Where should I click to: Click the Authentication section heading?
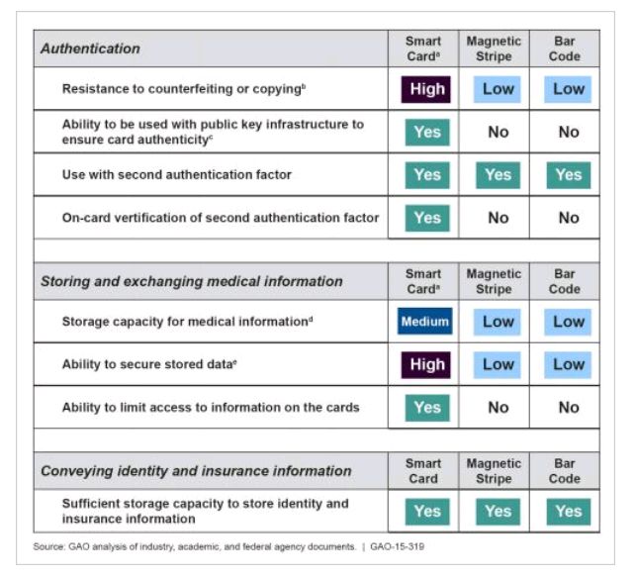[90, 48]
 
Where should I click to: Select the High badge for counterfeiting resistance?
[426, 89]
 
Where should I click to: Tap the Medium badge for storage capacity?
[426, 322]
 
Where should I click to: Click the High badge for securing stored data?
[426, 364]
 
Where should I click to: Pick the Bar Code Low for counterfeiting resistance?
[568, 89]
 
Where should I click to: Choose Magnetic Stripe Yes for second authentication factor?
[498, 175]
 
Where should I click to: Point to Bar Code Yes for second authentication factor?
[568, 175]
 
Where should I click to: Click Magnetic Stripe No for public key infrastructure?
[498, 132]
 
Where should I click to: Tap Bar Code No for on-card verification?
[568, 218]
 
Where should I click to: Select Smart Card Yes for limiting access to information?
[426, 407]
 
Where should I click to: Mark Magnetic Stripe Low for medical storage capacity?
[498, 322]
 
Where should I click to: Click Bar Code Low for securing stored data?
[568, 364]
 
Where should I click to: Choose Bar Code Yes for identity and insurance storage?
[568, 512]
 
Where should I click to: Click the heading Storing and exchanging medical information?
[192, 281]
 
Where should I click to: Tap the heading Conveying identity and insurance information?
[196, 471]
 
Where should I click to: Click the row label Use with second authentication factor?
[177, 175]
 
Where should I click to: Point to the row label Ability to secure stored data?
[149, 364]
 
